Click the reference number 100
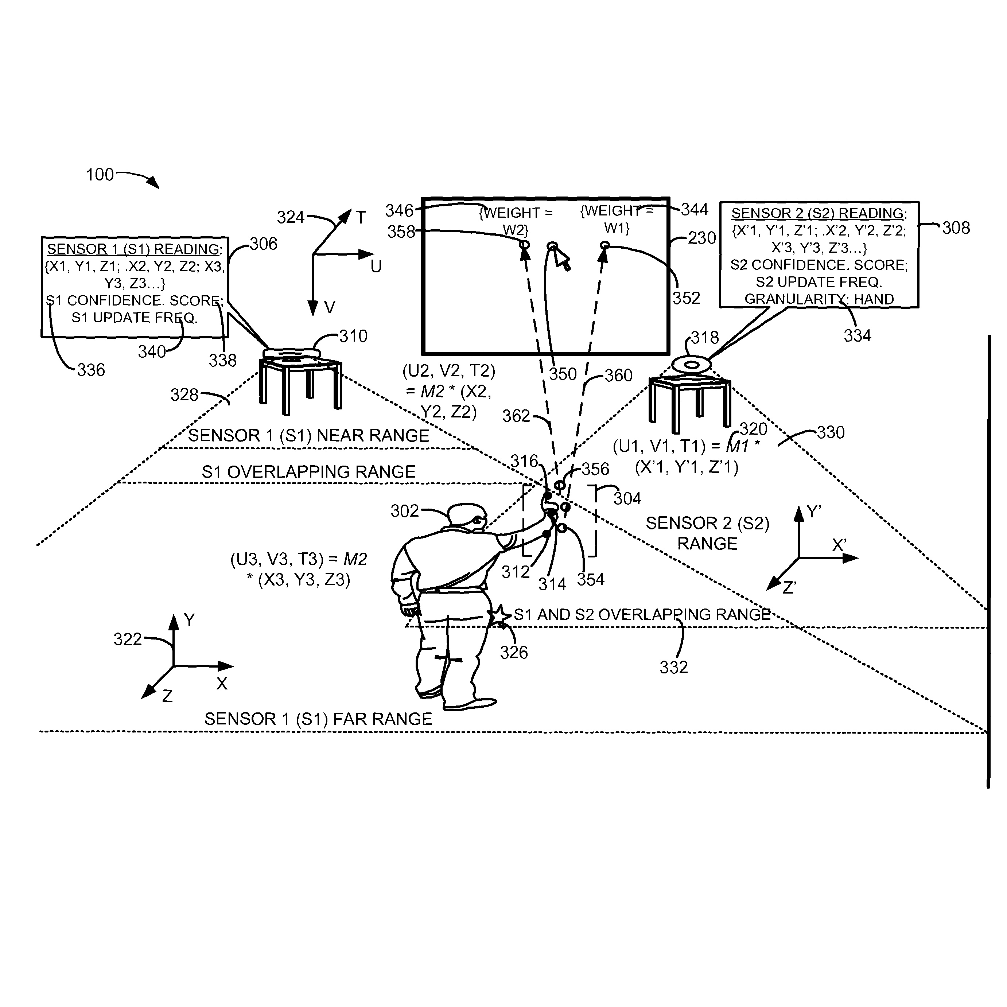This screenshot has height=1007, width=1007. click(100, 175)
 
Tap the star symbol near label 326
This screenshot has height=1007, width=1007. click(499, 615)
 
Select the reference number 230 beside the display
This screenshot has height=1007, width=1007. click(701, 238)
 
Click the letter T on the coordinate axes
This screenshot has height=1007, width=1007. click(361, 217)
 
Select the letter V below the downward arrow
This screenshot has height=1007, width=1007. click(330, 307)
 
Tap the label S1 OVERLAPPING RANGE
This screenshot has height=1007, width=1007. click(308, 472)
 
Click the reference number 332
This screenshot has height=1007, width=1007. click(673, 667)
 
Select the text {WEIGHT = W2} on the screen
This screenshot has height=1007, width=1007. click(516, 221)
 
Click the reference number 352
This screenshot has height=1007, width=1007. click(686, 298)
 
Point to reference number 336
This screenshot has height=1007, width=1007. click(91, 370)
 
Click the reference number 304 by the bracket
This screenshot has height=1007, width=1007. click(627, 499)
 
